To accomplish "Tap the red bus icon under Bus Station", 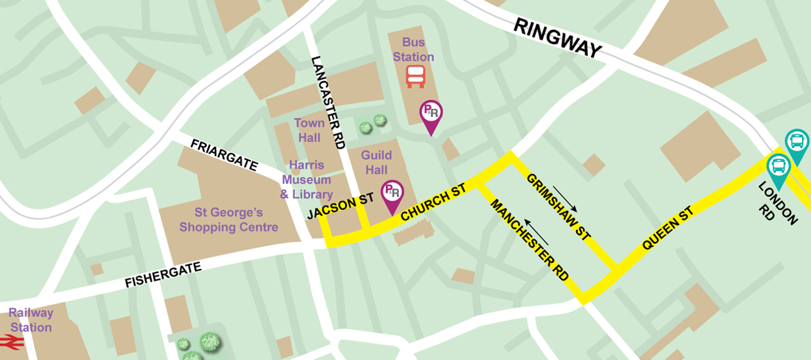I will click(415, 76).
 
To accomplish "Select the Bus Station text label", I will click(413, 49).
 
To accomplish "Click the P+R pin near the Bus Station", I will click(431, 114).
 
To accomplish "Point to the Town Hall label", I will click(309, 130).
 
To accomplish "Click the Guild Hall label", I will click(376, 162).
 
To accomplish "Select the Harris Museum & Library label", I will click(306, 180).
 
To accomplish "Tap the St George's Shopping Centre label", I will click(228, 220).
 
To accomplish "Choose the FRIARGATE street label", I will click(224, 154).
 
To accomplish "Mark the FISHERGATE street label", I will click(163, 274).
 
